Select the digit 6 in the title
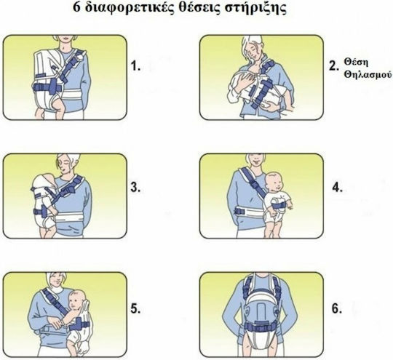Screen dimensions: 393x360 coord(76,7)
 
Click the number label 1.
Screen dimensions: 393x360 coord(135,66)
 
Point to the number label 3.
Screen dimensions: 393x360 coord(135,187)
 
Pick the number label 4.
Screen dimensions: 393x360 coord(338,187)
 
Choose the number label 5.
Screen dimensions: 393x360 coord(135,309)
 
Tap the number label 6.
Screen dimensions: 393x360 coord(337,308)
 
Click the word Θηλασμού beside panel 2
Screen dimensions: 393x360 coord(368,75)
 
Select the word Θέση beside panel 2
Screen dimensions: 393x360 coord(356,63)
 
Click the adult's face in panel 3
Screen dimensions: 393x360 coord(64,167)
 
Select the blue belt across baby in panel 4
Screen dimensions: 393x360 coord(279,206)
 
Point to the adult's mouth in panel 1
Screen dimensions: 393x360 coord(65,39)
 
